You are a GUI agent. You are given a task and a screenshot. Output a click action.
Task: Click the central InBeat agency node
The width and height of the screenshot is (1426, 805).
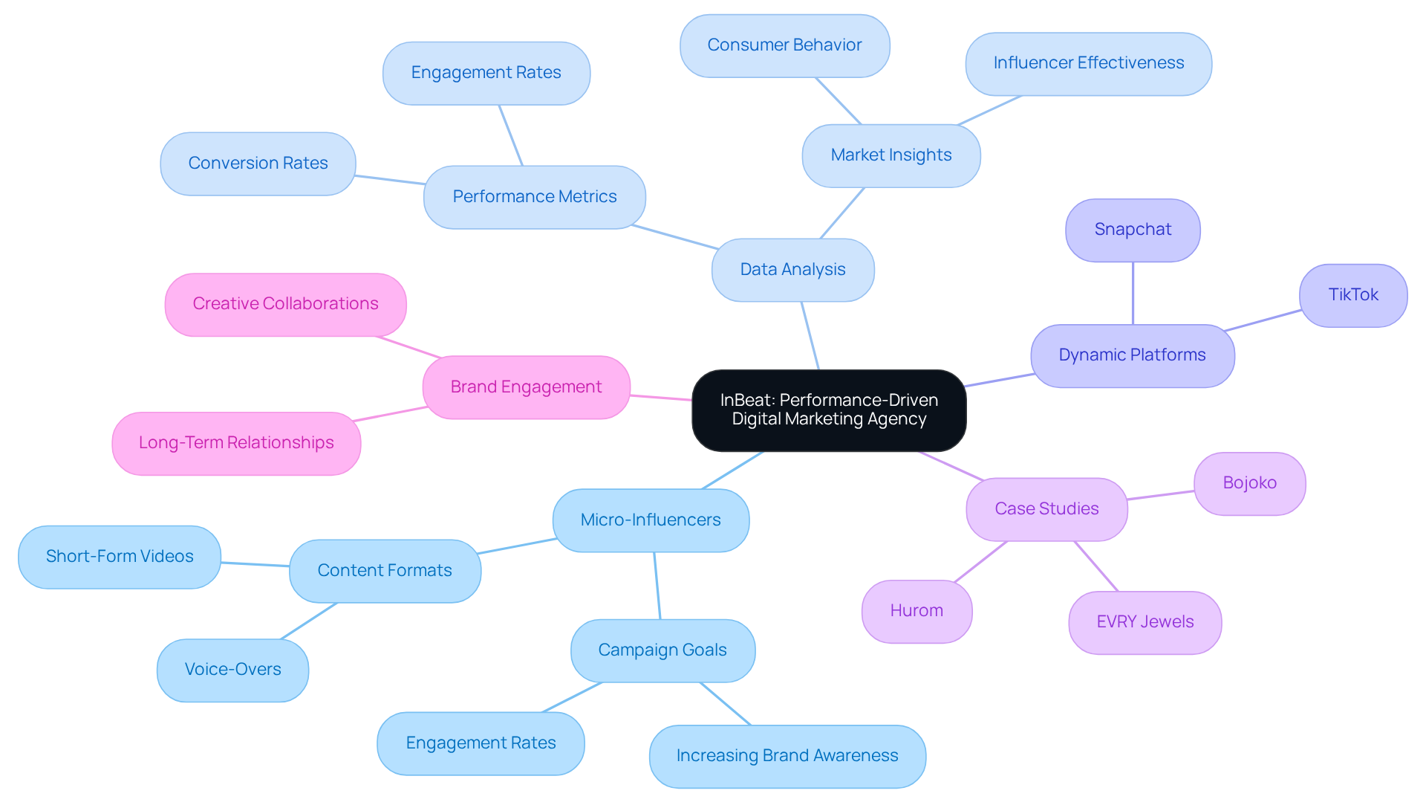(x=829, y=410)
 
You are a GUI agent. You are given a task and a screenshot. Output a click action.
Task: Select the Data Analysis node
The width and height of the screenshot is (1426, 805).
(x=792, y=270)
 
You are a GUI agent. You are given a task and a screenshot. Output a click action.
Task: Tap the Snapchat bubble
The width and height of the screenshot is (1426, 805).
(x=1133, y=230)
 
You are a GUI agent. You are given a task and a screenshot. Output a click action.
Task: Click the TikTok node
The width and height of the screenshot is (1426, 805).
(x=1352, y=295)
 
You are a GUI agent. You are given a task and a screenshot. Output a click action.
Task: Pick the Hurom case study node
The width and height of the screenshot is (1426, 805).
(x=917, y=611)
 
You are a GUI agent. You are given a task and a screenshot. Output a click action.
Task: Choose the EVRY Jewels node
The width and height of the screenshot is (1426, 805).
(x=1145, y=622)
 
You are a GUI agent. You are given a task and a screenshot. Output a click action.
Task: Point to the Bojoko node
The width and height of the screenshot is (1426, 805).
(x=1249, y=483)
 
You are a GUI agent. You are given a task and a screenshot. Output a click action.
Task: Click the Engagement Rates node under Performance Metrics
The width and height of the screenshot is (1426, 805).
(x=486, y=73)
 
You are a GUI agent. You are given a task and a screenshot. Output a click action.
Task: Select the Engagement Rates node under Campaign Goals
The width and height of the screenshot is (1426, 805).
(x=481, y=743)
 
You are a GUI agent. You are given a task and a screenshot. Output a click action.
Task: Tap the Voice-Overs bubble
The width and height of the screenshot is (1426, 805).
(x=232, y=670)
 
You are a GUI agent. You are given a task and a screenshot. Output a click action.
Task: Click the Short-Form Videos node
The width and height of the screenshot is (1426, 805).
(x=120, y=557)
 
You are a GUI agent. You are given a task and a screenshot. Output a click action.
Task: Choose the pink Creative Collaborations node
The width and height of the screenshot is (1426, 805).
(x=285, y=304)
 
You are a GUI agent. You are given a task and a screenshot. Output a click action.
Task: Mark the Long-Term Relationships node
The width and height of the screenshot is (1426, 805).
(x=236, y=443)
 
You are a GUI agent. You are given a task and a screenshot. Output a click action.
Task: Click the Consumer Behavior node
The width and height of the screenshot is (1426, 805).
(x=784, y=45)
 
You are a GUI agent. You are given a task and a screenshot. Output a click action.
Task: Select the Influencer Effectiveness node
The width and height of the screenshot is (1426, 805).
(x=1088, y=63)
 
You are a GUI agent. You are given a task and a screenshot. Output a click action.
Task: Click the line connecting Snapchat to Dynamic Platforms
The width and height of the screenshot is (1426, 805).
(x=1133, y=294)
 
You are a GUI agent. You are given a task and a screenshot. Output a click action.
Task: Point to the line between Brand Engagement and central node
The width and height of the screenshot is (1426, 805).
(x=661, y=398)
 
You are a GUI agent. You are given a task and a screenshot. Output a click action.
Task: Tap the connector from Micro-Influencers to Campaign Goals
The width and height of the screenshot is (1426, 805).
(x=657, y=586)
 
